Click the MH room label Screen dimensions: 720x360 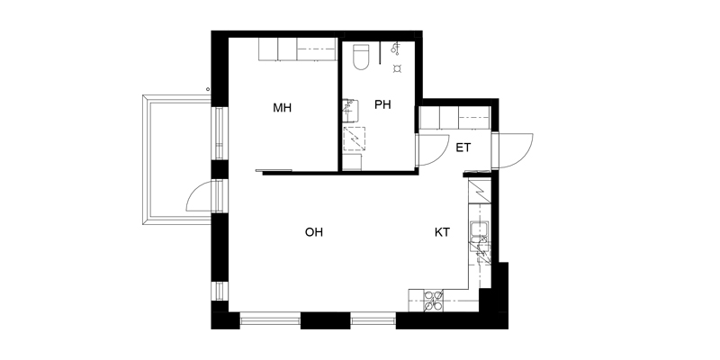(282, 108)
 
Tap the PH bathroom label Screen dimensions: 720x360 (382, 104)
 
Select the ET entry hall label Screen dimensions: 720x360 (463, 148)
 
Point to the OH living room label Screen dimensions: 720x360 (314, 232)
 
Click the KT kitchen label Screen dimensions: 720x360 (442, 232)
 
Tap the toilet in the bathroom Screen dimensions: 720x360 (361, 57)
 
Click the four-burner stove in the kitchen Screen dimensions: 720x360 (433, 301)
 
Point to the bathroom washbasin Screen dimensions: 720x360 (351, 109)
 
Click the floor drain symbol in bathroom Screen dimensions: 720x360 (397, 69)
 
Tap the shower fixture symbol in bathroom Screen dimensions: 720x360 (395, 48)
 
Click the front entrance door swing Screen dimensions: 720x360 (515, 150)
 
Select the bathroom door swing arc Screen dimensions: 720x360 (434, 149)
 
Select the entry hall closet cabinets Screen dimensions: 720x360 (455, 118)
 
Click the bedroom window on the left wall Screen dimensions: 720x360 (219, 133)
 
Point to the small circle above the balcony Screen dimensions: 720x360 (208, 89)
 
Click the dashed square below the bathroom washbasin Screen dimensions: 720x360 (355, 139)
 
